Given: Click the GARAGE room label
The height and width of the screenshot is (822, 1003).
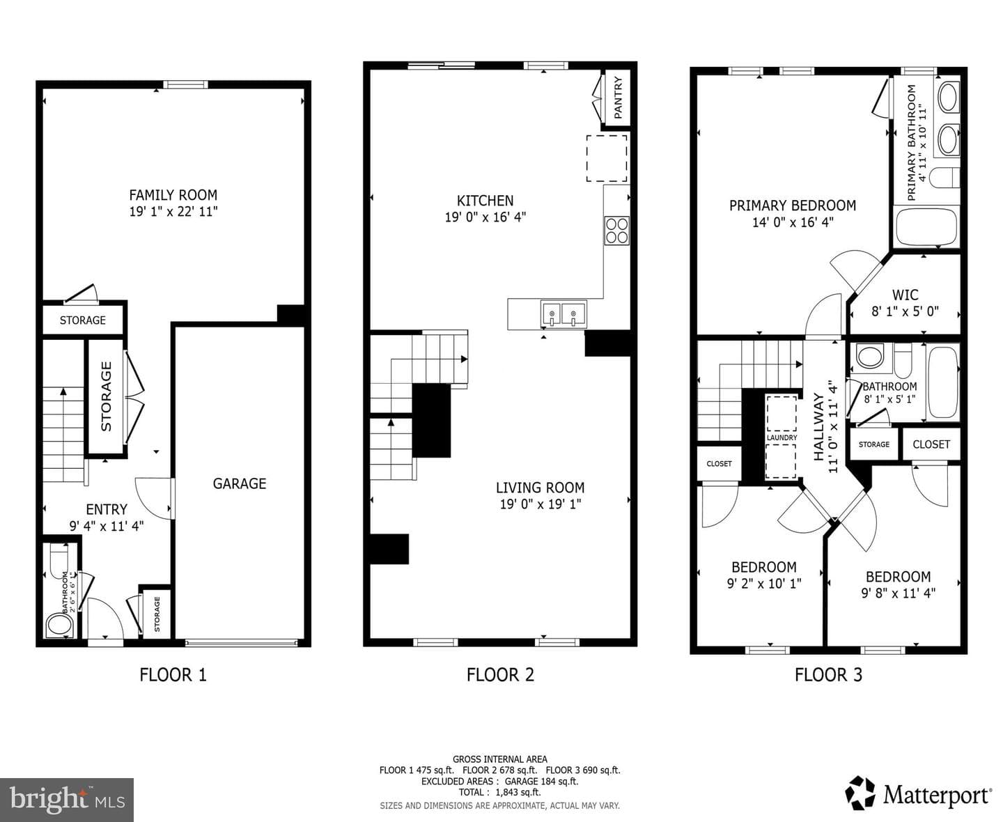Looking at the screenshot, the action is (x=239, y=483).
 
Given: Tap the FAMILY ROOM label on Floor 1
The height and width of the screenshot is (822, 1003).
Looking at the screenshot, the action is (x=173, y=195).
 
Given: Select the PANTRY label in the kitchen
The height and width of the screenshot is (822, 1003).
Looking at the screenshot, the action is (x=618, y=98).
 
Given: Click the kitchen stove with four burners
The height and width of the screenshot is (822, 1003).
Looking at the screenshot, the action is (x=617, y=231).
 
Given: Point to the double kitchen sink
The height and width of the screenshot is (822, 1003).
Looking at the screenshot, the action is (x=563, y=314).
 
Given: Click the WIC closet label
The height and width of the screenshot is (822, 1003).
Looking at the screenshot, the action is (x=905, y=295).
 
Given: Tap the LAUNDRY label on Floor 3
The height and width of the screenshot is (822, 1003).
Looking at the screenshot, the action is (x=782, y=437).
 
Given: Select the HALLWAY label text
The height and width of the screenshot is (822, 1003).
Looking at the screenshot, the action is (x=818, y=427).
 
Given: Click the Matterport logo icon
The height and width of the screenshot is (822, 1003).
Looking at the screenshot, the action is (x=860, y=792).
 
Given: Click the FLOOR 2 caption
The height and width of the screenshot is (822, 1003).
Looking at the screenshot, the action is (x=500, y=674).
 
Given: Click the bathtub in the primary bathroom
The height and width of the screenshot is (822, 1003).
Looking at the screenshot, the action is (x=926, y=226).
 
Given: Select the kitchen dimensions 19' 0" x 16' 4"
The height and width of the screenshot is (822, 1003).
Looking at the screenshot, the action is (x=485, y=217).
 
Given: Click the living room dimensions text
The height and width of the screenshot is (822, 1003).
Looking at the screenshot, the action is (x=541, y=504).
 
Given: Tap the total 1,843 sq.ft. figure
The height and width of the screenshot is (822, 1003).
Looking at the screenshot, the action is (x=518, y=792).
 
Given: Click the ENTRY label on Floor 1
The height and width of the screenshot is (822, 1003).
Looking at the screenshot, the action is (x=107, y=509).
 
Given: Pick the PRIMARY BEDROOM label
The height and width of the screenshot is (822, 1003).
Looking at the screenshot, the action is (x=793, y=205).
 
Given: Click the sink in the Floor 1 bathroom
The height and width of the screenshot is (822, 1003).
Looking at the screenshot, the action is (x=59, y=625).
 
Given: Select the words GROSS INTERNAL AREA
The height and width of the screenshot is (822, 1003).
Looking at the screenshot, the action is (x=500, y=759).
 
